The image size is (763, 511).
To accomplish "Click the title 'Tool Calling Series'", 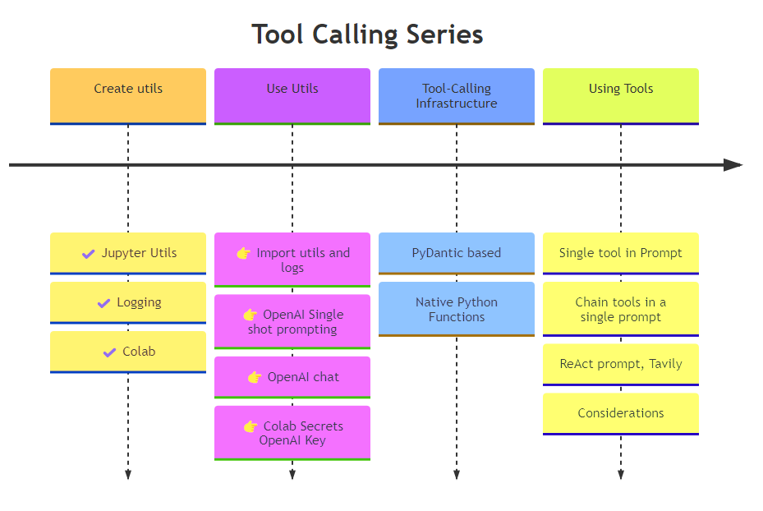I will [367, 35].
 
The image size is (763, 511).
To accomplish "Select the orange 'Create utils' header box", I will [128, 95].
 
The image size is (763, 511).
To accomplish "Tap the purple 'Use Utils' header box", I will [292, 95].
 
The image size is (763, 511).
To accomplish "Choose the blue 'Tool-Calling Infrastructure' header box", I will [457, 95].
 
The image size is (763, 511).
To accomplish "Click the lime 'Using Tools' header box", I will [621, 95].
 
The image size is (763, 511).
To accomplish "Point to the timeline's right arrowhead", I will [733, 165].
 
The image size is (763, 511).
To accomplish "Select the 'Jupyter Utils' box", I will [128, 253].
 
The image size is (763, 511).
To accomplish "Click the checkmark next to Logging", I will [104, 303].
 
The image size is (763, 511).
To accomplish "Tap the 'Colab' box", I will [128, 352].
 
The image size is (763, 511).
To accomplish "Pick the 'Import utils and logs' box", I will [292, 260].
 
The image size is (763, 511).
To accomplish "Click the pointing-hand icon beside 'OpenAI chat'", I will [255, 377].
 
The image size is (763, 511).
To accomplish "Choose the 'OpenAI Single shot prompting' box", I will [292, 321].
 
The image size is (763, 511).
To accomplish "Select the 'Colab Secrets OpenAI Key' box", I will [292, 433].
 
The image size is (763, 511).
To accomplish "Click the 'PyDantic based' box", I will [457, 253].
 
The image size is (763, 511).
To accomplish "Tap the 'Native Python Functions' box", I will [457, 309].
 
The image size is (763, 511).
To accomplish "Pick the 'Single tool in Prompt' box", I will [621, 253].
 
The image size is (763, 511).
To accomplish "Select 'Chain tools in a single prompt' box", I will [621, 309].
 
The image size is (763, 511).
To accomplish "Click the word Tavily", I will [663, 364].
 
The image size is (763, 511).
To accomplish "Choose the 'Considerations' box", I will [621, 413].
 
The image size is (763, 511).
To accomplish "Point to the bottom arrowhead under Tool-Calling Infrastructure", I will [457, 474].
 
